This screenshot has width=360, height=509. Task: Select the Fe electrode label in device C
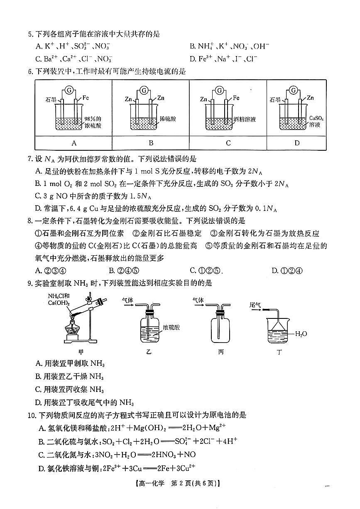pos(236,98)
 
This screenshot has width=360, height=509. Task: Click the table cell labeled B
pos(151,143)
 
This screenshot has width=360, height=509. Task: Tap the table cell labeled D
pos(296,143)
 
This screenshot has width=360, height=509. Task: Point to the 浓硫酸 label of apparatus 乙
pos(171,327)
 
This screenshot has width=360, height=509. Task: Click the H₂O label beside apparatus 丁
pos(301,333)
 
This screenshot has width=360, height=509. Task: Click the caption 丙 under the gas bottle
pos(220,352)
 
